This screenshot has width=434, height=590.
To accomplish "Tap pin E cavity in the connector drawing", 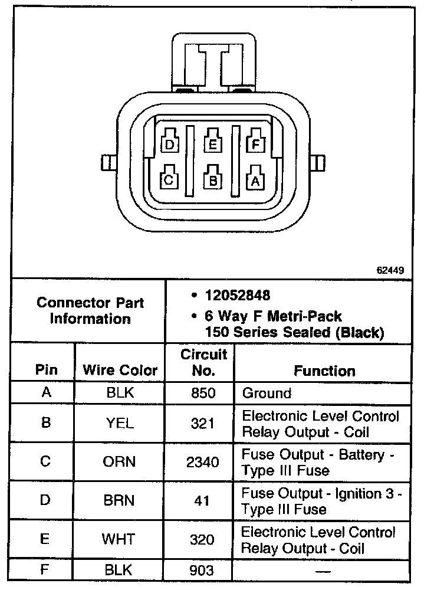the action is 212,143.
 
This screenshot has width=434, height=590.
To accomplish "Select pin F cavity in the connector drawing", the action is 255,143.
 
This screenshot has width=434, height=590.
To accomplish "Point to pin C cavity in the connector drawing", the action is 169,179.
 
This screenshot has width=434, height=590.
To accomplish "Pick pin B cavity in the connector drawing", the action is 212,180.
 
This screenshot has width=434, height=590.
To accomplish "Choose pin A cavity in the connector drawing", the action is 255,181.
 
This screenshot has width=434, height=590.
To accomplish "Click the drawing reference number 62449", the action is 390,271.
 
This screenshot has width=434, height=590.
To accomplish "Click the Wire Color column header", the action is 120,371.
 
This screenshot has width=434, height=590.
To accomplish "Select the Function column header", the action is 324,371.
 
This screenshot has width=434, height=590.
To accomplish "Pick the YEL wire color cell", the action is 120,423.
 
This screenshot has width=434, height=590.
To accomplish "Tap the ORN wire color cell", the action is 120,462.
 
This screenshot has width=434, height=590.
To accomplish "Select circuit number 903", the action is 202,570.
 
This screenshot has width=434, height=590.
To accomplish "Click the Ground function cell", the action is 267,393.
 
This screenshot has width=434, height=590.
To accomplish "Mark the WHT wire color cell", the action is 120,539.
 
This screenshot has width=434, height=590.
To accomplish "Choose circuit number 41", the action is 202,500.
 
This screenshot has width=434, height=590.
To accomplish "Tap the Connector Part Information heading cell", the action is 90,311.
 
